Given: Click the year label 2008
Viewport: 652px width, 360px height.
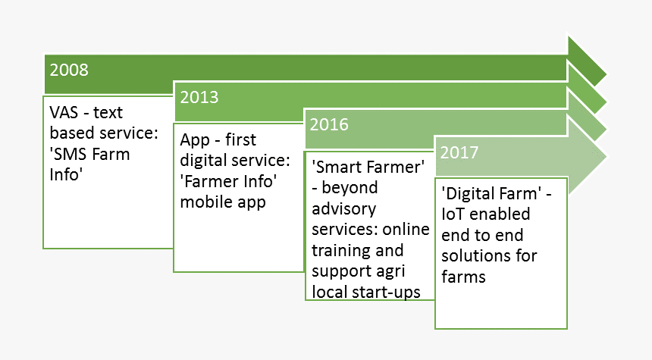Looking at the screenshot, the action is pos(69,70).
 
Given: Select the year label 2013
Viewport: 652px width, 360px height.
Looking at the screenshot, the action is pos(199,97).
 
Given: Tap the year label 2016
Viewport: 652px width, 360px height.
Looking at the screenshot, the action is pos(329,125).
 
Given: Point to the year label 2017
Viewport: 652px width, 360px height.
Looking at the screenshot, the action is pos(459,152).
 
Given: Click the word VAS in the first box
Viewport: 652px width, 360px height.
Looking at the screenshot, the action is pos(64,113).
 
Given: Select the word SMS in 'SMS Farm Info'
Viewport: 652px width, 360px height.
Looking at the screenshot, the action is pos(69,154).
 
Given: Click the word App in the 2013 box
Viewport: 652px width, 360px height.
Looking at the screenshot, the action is pos(195,140).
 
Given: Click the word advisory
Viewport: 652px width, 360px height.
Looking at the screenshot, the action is pos(344,209).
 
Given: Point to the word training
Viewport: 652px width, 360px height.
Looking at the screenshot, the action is pos(340,251).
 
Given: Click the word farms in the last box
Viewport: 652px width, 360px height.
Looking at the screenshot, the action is pos(464,277).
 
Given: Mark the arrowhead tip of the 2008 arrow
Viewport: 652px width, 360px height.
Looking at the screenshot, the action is pos(607,75).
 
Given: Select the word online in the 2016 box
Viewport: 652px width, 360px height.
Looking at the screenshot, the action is pos(406,230).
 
